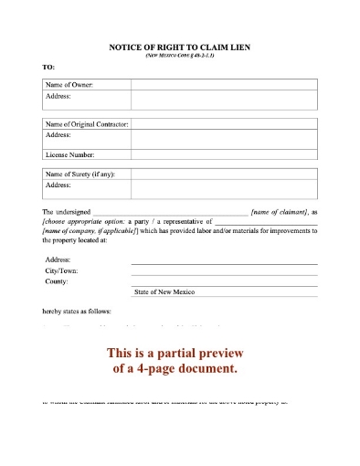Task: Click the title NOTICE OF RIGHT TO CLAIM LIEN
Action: [x=180, y=47]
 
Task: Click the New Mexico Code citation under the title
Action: [x=180, y=56]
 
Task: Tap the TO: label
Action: [x=48, y=69]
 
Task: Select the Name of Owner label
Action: [x=69, y=84]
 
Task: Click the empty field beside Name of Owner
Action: [x=224, y=84]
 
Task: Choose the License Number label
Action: [x=69, y=154]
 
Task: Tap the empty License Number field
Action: [x=224, y=154]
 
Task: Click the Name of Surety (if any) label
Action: [x=80, y=174]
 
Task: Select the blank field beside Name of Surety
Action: [x=224, y=174]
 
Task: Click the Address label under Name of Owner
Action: [x=58, y=95]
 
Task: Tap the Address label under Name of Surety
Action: [x=58, y=185]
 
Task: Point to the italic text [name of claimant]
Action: [x=281, y=211]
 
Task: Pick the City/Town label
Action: [x=61, y=270]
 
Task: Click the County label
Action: [x=57, y=281]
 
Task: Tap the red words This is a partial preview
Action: [x=179, y=353]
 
